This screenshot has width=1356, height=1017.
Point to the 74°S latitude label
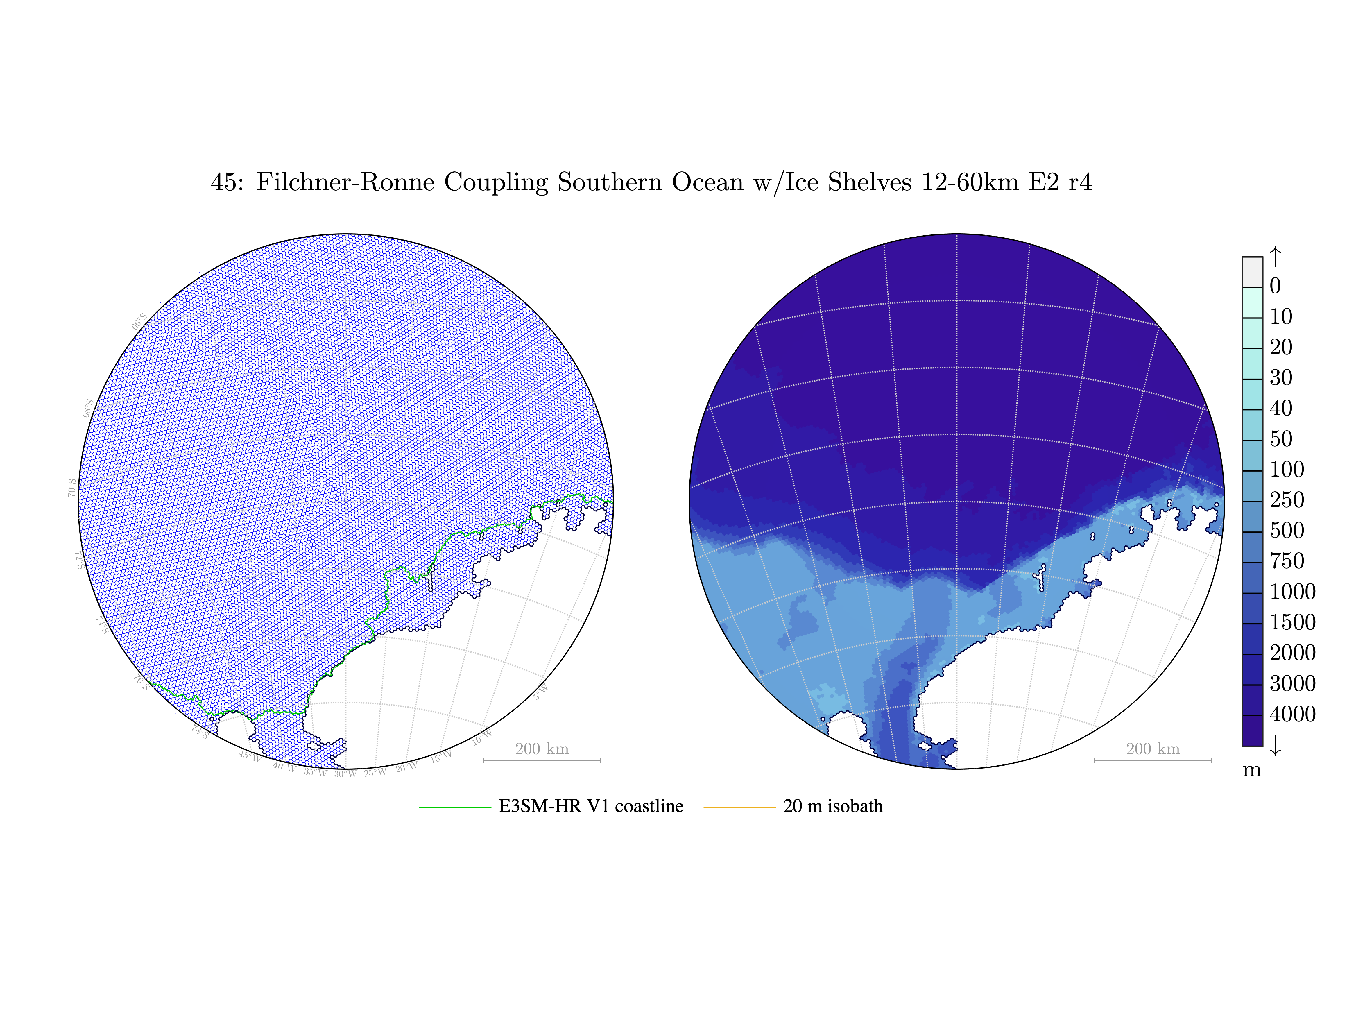pyautogui.click(x=102, y=625)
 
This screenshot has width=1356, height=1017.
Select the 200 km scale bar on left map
pyautogui.click(x=542, y=760)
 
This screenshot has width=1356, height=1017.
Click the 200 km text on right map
pyautogui.click(x=1153, y=749)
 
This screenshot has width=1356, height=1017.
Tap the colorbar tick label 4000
pyautogui.click(x=1292, y=714)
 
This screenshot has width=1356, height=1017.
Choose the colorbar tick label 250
pyautogui.click(x=1287, y=499)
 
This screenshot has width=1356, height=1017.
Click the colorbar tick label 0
pyautogui.click(x=1275, y=286)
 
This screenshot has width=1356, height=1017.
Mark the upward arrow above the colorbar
pyautogui.click(x=1275, y=256)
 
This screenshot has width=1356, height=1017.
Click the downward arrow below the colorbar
pyautogui.click(x=1275, y=745)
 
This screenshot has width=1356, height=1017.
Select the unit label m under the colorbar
pyautogui.click(x=1252, y=770)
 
